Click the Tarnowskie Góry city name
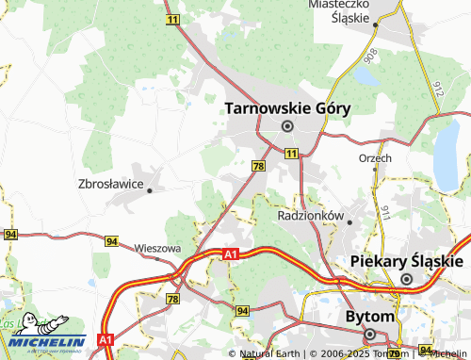[x=287, y=108]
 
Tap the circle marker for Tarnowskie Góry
[x=287, y=125]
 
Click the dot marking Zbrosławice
[x=150, y=188]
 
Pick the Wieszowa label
[x=157, y=248]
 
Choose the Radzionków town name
[x=311, y=216]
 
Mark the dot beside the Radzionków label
[x=349, y=222]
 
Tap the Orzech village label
[x=375, y=158]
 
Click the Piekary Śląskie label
[x=406, y=261]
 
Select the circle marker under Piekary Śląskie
[x=407, y=279]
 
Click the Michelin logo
[x=44, y=332]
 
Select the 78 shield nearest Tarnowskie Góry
[x=258, y=166]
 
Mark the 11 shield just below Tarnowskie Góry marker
[x=292, y=153]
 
